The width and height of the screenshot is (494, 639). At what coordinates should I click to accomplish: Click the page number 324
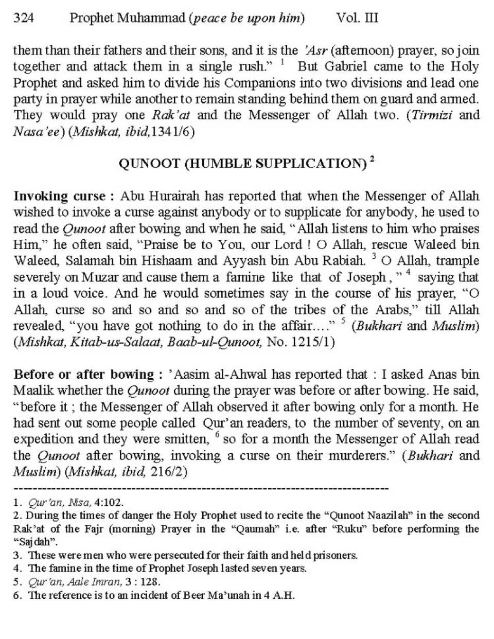coord(24,19)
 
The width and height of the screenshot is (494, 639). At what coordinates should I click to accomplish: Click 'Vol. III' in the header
coord(357,19)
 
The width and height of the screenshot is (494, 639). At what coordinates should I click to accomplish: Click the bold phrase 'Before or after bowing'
coord(84,374)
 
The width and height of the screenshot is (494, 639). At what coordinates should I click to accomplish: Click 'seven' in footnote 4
coord(260,569)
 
